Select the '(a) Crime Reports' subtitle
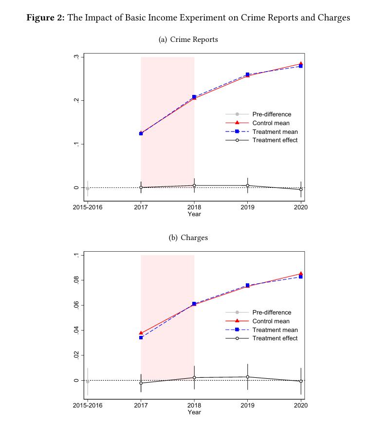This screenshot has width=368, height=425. [x=188, y=39]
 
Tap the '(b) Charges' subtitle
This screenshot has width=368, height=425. [x=188, y=238]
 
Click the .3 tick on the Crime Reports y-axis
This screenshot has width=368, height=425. [x=76, y=57]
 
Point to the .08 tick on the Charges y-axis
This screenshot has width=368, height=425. [x=76, y=280]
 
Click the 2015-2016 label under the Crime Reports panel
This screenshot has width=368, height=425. [x=88, y=207]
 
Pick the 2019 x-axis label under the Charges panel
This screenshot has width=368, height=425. [x=248, y=406]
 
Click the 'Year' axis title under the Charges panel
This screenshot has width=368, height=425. [x=194, y=412]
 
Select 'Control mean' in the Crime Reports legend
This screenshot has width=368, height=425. [x=271, y=123]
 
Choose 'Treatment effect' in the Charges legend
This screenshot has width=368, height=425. [x=275, y=338]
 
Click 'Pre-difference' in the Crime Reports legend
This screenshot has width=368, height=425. [x=272, y=114]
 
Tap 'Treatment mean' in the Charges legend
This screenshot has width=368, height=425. [x=275, y=330]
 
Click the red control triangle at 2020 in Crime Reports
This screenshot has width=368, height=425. [x=301, y=64]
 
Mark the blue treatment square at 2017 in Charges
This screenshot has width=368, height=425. [x=141, y=337]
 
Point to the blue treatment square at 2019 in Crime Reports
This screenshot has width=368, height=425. [x=248, y=74]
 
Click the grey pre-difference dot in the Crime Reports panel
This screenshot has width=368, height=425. [x=88, y=188]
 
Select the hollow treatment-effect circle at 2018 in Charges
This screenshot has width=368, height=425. [x=194, y=378]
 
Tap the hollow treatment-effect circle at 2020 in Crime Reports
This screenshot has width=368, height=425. [x=301, y=189]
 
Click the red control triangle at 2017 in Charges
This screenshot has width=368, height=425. [x=141, y=333]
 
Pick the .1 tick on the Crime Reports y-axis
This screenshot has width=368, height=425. [x=76, y=144]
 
